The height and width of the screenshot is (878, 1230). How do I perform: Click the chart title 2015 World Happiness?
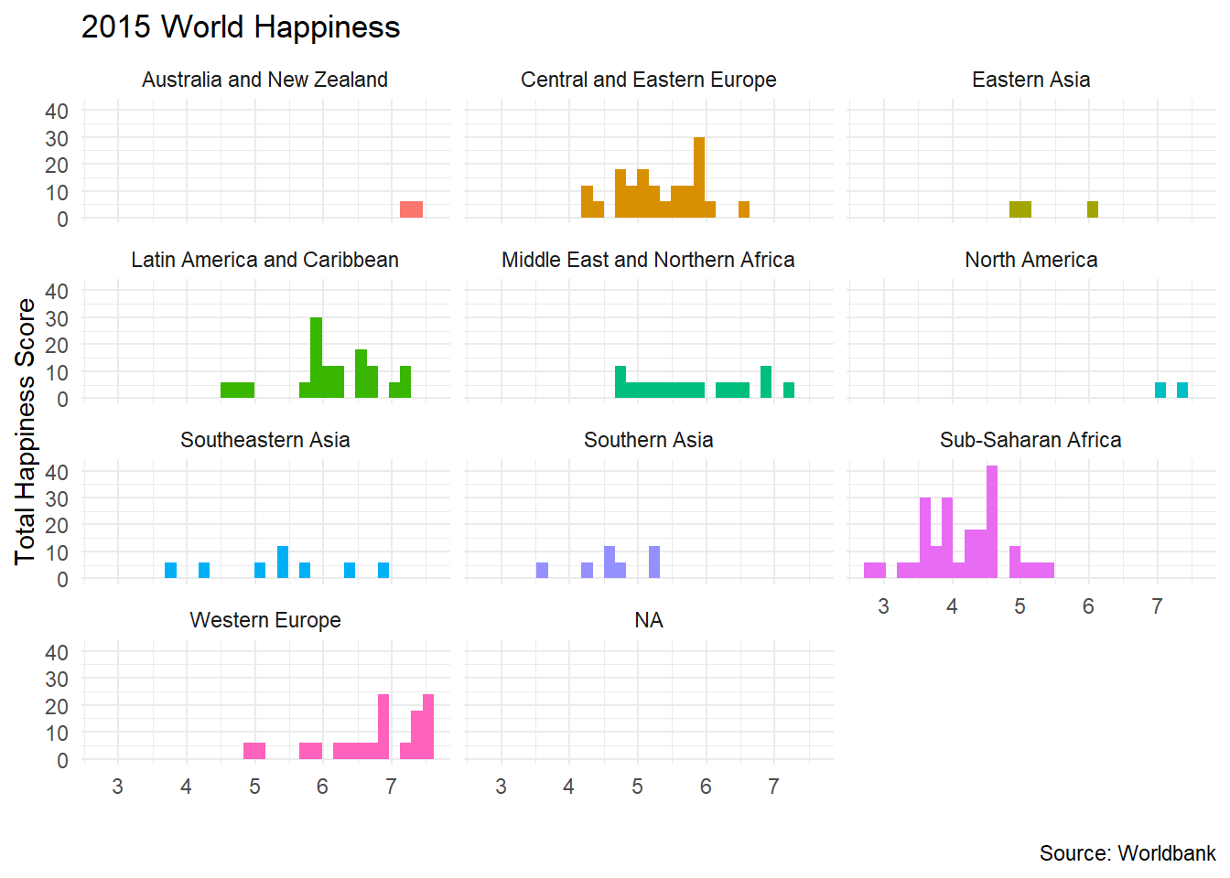(x=241, y=27)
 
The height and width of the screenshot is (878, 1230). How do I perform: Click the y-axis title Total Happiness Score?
(x=25, y=431)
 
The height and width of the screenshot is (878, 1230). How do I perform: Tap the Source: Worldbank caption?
(x=1127, y=853)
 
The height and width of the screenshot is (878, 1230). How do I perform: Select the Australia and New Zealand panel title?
(x=264, y=80)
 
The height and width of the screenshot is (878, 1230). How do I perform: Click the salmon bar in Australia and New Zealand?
(x=411, y=209)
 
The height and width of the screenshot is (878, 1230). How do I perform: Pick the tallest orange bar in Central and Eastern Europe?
(x=699, y=177)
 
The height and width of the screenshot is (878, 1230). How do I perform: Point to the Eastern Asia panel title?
(x=1030, y=80)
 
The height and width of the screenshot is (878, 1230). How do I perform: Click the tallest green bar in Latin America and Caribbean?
(x=317, y=358)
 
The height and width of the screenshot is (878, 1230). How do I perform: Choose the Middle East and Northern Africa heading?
(x=648, y=260)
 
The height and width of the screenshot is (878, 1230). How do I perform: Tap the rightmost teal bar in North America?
(x=1182, y=391)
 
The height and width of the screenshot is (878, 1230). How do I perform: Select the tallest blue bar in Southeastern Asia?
(x=283, y=562)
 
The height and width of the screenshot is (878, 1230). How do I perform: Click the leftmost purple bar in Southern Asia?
(x=542, y=571)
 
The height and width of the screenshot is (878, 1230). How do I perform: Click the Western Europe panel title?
(x=264, y=620)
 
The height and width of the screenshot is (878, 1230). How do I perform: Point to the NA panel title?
(x=648, y=620)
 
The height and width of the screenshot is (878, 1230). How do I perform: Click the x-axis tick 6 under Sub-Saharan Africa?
(x=1088, y=606)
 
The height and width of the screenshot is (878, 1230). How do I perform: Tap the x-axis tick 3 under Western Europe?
(x=118, y=787)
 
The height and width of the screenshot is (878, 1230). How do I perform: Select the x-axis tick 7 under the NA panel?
(x=773, y=787)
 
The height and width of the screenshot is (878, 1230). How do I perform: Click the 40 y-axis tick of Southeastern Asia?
(x=57, y=472)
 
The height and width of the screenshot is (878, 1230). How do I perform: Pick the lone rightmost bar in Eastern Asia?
(x=1093, y=209)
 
